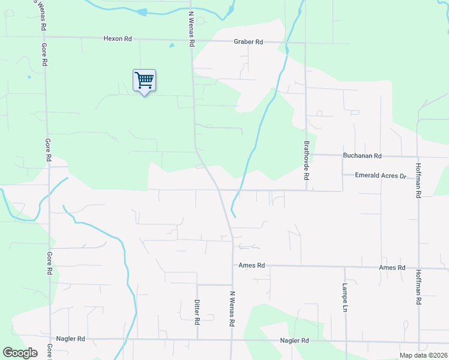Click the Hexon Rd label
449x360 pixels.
pyautogui.click(x=118, y=38)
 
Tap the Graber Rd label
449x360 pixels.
pyautogui.click(x=249, y=42)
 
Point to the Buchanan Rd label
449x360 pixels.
pyautogui.click(x=362, y=155)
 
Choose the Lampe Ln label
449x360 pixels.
pyautogui.click(x=345, y=297)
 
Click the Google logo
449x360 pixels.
pyautogui.click(x=20, y=353)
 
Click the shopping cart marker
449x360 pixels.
pyautogui.click(x=144, y=80)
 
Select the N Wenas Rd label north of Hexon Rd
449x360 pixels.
pyautogui.click(x=191, y=29)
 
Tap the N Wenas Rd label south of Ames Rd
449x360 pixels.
pyautogui.click(x=232, y=308)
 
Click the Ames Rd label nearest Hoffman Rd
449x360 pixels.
pyautogui.click(x=393, y=268)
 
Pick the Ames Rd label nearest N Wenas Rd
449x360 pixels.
pyautogui.click(x=252, y=265)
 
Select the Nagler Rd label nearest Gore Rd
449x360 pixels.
pyautogui.click(x=71, y=339)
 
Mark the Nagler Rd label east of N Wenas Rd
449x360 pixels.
pyautogui.click(x=294, y=341)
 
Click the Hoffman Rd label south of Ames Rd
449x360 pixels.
pyautogui.click(x=418, y=288)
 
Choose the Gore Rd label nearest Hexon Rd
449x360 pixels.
pyautogui.click(x=44, y=55)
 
